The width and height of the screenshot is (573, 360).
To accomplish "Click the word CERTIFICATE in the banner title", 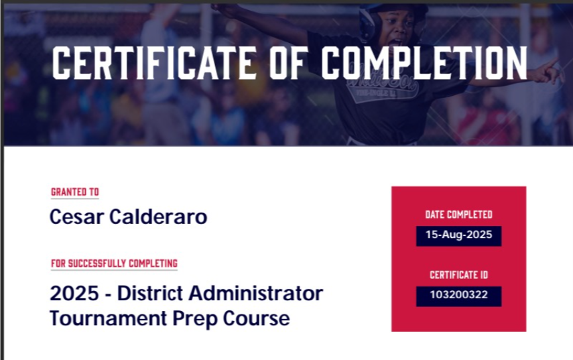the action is pos(154,63).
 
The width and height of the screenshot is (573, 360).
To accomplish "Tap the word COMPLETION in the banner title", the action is pos(424,63).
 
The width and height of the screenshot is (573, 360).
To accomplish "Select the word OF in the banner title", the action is pos(288,63).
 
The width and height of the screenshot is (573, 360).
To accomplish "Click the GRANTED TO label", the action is pos(75,192).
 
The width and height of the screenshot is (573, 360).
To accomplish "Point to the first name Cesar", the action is pos(77,217).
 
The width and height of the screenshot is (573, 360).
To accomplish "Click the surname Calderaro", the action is pos(158,217).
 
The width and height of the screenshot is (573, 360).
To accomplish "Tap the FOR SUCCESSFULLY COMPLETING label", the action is pos(114,263).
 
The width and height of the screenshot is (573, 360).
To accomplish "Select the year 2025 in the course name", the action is pos(74,294).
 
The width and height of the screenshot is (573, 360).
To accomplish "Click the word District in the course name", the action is pos(150,293).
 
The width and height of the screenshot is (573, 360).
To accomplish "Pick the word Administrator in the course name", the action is pos(256,293).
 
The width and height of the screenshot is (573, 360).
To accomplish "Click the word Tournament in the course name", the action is pos(108,318).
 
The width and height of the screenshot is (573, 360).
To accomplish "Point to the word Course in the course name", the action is pos(256,318).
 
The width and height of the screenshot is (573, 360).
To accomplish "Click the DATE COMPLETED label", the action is pos(458,215).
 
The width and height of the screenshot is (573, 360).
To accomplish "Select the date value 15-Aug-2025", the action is pos(458,235).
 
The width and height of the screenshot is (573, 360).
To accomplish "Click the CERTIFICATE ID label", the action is pos(458,275).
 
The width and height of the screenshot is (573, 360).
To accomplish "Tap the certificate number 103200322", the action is pos(458,294).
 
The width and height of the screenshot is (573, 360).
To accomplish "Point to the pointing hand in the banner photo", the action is pos(546,72).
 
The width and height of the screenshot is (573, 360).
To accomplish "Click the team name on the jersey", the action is pos(383,84).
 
